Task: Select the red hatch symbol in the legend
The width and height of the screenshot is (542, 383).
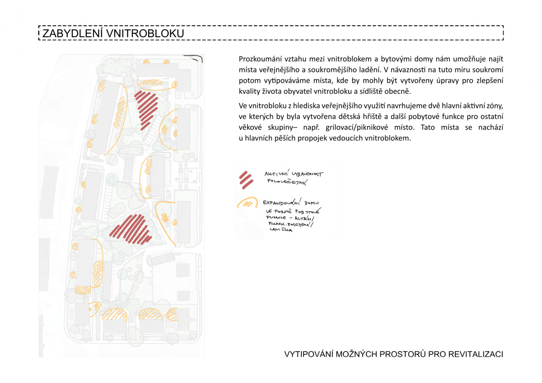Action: tap(246, 179)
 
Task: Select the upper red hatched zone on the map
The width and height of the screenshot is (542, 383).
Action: tap(146, 106)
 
